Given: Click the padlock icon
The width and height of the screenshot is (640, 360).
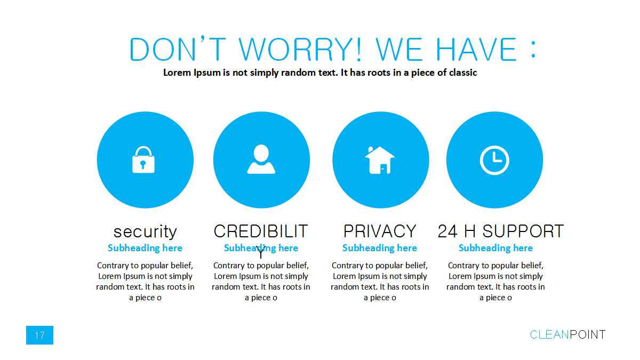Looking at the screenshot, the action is [x=143, y=159].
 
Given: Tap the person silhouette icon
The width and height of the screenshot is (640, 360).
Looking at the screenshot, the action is [x=261, y=159].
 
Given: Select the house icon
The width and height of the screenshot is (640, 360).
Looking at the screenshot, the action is [x=380, y=160].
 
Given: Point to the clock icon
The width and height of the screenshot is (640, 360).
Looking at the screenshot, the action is [x=494, y=160].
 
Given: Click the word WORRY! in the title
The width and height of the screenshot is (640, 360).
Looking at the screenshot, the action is [x=300, y=50].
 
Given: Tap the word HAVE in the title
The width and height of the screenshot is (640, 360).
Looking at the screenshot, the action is [x=476, y=50].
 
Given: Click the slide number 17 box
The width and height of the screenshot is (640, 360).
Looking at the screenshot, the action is [x=39, y=335].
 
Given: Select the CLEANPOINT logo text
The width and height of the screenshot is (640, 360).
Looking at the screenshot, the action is [x=567, y=334].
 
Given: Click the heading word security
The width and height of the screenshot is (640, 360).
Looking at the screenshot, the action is [x=145, y=231].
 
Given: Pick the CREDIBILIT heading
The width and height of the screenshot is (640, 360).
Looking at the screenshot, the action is [x=261, y=231].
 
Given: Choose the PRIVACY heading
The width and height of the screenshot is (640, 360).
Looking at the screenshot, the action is [x=380, y=231].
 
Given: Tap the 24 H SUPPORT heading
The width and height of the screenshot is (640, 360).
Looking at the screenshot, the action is [x=501, y=231].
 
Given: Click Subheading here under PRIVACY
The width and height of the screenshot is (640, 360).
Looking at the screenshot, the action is [x=380, y=247].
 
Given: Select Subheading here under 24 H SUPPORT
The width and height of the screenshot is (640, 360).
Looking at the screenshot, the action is [x=495, y=247].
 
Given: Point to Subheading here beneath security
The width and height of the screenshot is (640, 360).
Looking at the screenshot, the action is [x=145, y=247].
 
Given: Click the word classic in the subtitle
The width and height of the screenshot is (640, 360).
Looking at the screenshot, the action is [x=463, y=73].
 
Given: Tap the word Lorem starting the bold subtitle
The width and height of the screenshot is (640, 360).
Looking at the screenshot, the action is [x=177, y=73].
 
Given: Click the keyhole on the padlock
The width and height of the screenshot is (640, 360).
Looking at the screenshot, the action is [x=143, y=164].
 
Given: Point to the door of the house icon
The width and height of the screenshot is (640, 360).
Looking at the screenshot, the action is [x=383, y=169].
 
